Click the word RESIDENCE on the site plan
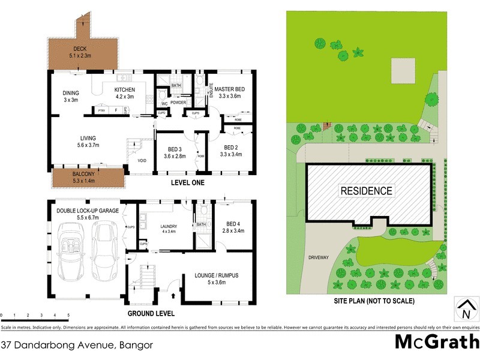(x=367, y=191)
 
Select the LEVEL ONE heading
(x=187, y=183)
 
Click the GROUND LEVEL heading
(x=151, y=314)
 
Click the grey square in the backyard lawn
(x=403, y=71)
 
